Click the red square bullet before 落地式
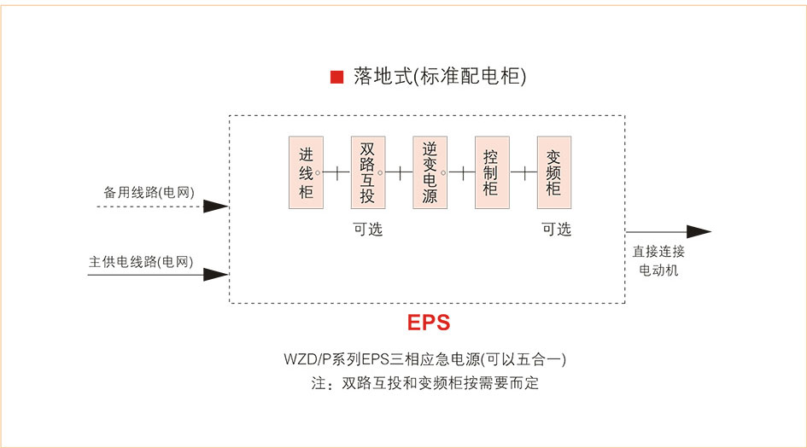point(336,78)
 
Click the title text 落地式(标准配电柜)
point(440,77)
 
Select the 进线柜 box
point(306,172)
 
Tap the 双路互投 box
point(367,172)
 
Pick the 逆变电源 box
point(430,172)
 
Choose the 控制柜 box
point(491,172)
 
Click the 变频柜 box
point(553,172)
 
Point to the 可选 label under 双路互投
point(368,229)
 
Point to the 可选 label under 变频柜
point(556,229)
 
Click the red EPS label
point(428,323)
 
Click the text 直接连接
point(658,253)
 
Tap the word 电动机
point(658,271)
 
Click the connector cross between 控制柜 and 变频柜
point(523,172)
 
